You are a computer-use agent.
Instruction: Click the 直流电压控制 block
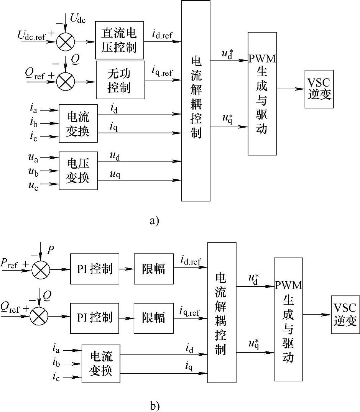(x=119, y=39)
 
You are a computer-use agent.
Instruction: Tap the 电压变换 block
(x=78, y=171)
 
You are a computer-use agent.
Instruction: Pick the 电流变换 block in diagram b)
(x=101, y=363)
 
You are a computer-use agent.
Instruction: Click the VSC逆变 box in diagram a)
(x=319, y=89)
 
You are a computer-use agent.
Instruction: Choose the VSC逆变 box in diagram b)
(x=345, y=314)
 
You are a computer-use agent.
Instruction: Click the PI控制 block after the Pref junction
(x=95, y=269)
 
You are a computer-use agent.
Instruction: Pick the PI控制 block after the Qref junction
(x=95, y=318)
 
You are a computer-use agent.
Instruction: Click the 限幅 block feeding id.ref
(x=153, y=269)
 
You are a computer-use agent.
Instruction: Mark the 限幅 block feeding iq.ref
(x=153, y=318)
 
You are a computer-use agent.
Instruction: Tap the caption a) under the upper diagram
(x=154, y=222)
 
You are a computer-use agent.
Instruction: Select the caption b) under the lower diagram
(x=154, y=405)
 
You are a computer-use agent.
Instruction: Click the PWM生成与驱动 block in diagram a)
(x=262, y=94)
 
